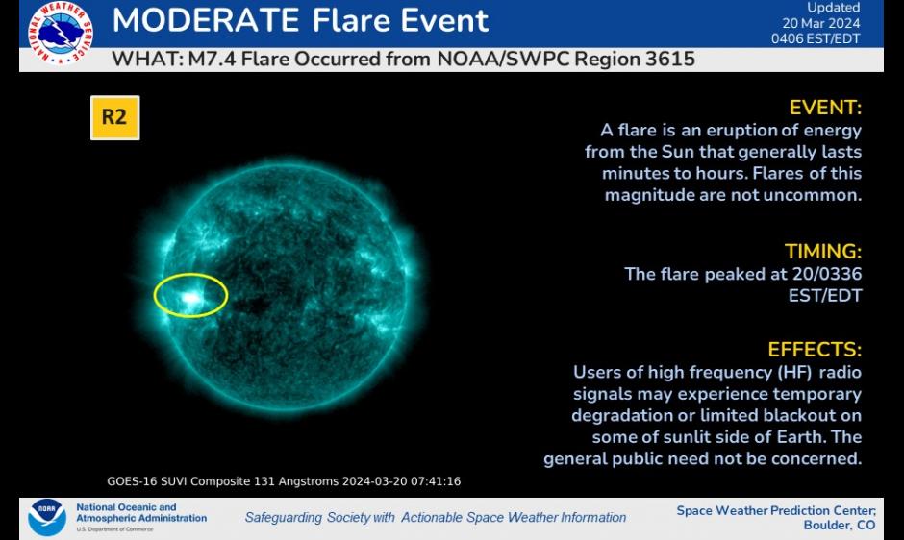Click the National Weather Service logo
(x=60, y=33)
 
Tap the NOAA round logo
(x=47, y=517)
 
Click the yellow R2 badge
(x=114, y=117)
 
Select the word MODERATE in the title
(x=206, y=20)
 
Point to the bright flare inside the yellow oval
(x=189, y=298)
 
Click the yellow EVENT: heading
(x=825, y=108)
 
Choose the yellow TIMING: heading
(x=822, y=252)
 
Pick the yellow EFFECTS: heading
(x=815, y=350)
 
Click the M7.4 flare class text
(x=212, y=60)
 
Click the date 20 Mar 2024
(x=821, y=23)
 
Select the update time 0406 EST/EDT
(x=816, y=38)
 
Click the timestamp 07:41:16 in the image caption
(x=436, y=481)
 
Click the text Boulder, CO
(x=840, y=525)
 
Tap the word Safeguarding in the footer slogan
(x=283, y=518)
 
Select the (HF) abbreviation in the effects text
(x=794, y=372)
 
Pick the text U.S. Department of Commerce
(x=114, y=529)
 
